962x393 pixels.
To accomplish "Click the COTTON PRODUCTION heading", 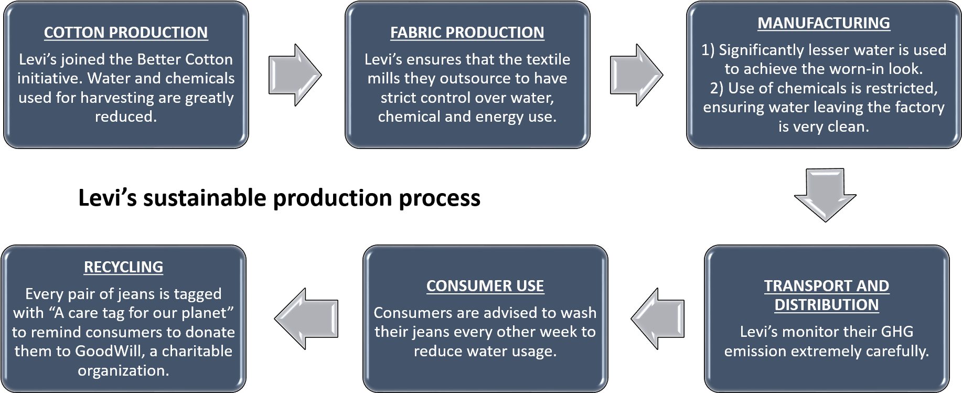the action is coord(126,33).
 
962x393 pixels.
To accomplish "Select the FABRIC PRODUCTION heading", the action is coord(467,33).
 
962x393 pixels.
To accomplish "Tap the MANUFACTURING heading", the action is coord(824,23).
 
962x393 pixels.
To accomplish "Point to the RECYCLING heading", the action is coord(123,267).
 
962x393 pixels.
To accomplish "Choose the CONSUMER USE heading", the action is coord(485,286).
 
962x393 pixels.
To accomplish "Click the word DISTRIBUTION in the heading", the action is coord(827,305).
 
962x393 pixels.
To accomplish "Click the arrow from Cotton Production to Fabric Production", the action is coord(295,75).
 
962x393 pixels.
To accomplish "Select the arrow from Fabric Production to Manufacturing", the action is coord(637,75).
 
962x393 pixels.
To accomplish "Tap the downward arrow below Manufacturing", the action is coord(826,195).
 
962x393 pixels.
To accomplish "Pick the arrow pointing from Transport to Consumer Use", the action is coord(658,319).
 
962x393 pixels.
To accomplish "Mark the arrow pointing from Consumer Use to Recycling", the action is coord(306,319).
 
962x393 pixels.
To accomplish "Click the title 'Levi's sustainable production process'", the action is coord(280,198).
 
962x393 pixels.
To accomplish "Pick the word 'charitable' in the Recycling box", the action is coord(197,351).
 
